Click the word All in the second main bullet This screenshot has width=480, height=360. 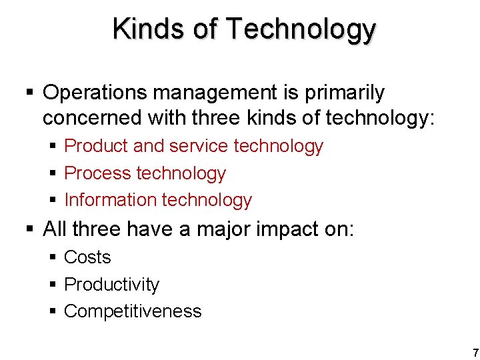pyautogui.click(x=55, y=229)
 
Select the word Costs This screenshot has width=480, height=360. pyautogui.click(x=87, y=257)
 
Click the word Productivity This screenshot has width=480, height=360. pyautogui.click(x=111, y=285)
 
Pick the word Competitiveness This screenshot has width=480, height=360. pyautogui.click(x=133, y=311)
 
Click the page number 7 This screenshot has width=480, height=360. pyautogui.click(x=474, y=353)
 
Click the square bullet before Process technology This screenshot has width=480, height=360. pyautogui.click(x=53, y=174)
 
